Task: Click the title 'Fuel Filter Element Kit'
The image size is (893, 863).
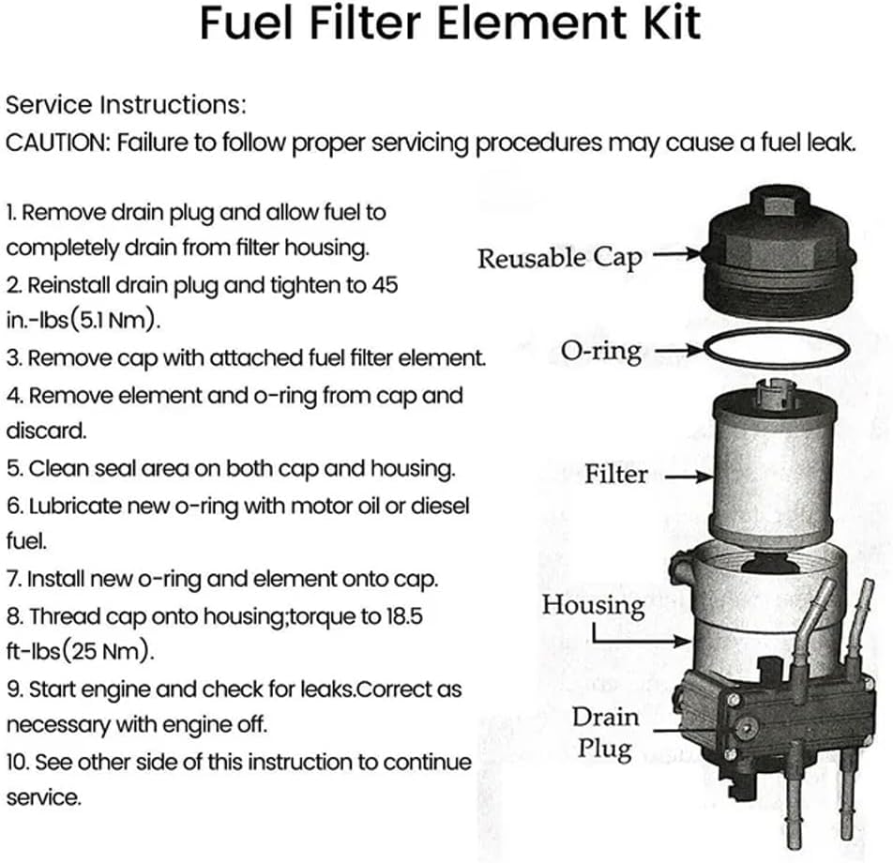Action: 449,23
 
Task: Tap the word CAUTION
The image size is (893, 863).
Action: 57,143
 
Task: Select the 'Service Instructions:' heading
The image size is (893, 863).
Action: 126,103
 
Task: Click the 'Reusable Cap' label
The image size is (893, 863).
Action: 559,257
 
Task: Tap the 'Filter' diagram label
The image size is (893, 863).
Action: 615,473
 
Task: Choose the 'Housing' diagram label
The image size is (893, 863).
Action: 593,605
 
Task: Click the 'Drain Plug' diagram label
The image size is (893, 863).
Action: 605,733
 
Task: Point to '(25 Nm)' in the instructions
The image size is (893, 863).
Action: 102,651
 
